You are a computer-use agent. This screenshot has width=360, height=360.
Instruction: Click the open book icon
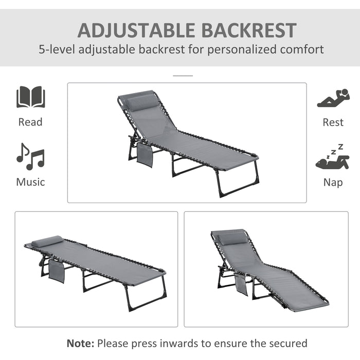30,97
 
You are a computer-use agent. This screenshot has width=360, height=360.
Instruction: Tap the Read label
30,122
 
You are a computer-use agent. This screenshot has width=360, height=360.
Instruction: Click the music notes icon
30,156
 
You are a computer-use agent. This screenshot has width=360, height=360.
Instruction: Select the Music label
30,182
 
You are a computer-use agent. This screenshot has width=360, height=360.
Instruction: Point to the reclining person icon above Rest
333,99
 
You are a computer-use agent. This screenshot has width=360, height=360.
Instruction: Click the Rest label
333,122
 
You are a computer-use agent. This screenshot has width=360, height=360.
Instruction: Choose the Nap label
333,182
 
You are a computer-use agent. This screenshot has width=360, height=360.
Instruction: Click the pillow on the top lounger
140,101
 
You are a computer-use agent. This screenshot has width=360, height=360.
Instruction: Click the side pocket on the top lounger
145,154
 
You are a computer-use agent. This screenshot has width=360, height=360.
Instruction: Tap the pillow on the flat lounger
47,241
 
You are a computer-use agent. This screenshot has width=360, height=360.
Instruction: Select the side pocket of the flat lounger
57,271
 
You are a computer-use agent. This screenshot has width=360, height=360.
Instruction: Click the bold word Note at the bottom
80,343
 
